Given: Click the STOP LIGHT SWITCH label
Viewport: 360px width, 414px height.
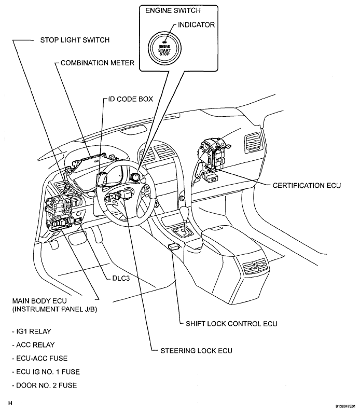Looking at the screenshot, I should pos(75,40).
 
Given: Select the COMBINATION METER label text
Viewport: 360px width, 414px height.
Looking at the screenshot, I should pos(98,63).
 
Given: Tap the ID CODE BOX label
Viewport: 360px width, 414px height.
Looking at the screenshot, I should pos(130,99).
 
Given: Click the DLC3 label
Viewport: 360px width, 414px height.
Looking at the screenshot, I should pos(122,277).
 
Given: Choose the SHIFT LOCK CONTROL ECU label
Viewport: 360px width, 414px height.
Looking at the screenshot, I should pos(231,323).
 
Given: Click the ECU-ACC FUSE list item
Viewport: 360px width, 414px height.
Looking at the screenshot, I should pos(39,358).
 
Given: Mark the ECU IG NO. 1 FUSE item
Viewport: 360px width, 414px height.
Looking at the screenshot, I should pos(45,371).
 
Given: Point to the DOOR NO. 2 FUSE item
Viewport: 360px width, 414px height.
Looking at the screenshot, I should pos(43,385).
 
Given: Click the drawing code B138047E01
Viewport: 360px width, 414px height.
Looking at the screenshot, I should pos(341,406).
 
